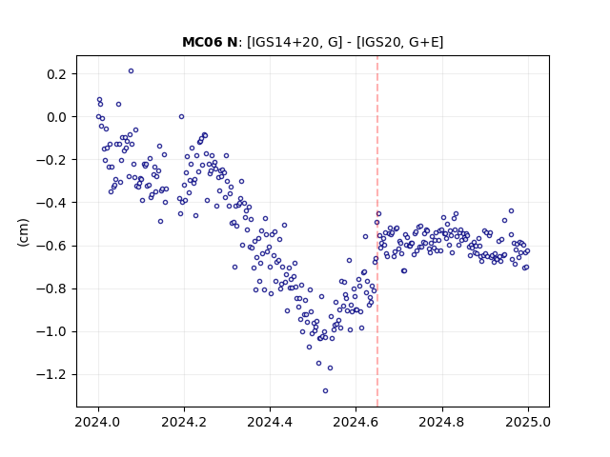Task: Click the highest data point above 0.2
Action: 132,71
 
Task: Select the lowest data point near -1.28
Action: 325,391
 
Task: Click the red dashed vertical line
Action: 377,231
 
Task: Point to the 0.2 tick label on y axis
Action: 58,74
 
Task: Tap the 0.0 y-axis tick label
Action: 58,117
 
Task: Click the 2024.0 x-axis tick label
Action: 98,422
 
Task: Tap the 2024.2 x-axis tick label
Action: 184,422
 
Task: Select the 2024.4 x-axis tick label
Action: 270,422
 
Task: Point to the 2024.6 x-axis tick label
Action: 356,422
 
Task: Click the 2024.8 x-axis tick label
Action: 442,422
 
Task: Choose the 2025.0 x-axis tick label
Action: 528,422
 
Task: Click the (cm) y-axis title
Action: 23,232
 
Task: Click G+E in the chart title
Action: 423,42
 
